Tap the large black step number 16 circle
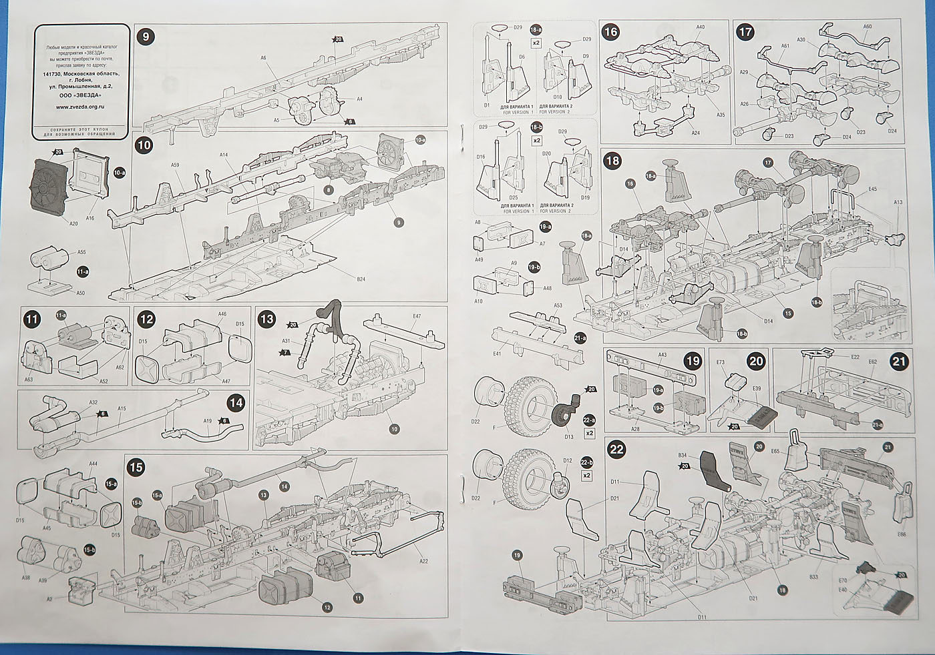[x=610, y=31]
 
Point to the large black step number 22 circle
[x=616, y=449]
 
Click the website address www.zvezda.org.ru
[x=79, y=105]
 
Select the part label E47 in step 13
[x=417, y=316]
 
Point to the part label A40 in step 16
[x=701, y=27]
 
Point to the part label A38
[x=26, y=578]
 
